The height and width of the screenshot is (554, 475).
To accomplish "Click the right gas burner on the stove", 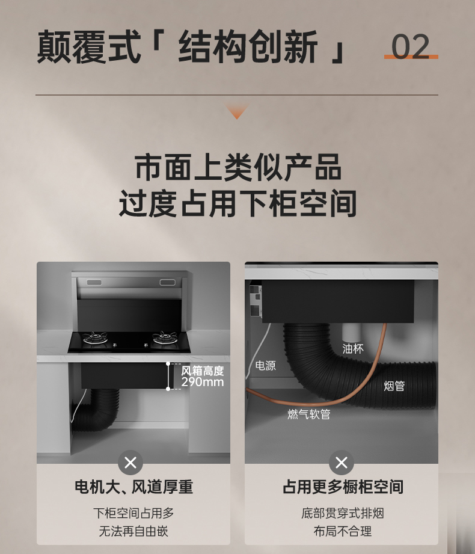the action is point(165,339).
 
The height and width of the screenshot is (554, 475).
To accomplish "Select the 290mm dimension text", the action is point(203,382).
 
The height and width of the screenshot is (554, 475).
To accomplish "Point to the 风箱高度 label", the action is point(203,371).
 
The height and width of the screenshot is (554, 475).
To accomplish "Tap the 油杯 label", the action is point(353,349).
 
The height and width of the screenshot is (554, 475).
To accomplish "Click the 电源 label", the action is point(266,365).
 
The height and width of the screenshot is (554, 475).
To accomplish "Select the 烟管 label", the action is point(394,386).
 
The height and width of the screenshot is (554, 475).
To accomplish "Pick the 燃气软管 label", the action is point(309,414).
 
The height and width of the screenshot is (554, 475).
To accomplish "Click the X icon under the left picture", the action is point(130,463).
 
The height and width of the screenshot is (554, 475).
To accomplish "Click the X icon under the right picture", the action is point(341,463).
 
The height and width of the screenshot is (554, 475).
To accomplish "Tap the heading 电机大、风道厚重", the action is point(134,487).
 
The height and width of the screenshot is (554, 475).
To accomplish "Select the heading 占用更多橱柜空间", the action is point(343,487).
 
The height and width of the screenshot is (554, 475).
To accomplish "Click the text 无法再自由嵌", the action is point(133,531).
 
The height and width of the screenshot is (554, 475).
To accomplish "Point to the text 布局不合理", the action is point(343,531).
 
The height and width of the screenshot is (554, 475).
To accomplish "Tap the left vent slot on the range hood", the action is point(94,282).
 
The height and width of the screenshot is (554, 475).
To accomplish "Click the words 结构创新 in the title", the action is point(248,47).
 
